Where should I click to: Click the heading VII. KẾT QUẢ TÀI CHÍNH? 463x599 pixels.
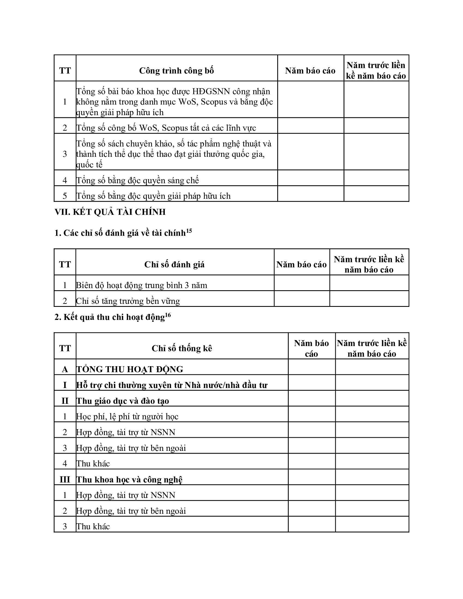(x=110, y=212)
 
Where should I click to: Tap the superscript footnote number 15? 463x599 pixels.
(x=189, y=231)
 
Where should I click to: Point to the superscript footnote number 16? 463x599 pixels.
(x=168, y=315)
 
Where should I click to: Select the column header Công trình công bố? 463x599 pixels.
(x=176, y=71)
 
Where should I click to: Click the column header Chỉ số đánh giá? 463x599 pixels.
(x=175, y=265)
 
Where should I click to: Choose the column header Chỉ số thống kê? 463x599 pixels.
(x=182, y=349)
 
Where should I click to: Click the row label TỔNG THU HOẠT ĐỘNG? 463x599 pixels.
(x=130, y=369)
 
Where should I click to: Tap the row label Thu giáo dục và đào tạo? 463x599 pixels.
(x=123, y=401)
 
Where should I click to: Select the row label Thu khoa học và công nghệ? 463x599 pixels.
(x=129, y=480)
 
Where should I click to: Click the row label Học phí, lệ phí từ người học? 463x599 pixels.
(x=127, y=417)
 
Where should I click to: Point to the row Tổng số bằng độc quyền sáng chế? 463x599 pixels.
(x=138, y=181)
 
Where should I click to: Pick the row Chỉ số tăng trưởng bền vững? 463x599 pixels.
(x=128, y=301)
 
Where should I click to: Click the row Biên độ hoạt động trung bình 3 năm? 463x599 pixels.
(x=142, y=286)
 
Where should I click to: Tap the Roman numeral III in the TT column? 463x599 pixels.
(x=65, y=480)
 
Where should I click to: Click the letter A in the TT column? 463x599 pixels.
(x=65, y=369)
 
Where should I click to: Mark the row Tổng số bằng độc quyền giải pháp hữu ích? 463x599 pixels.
(x=153, y=196)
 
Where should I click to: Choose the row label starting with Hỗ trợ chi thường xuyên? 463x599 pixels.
(x=172, y=385)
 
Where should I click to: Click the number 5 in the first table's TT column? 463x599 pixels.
(x=65, y=196)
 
